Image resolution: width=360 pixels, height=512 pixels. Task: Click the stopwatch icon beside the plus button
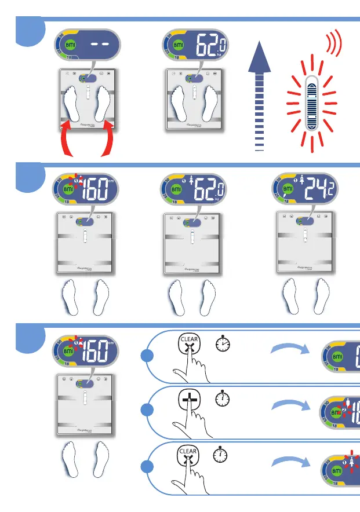click(x=221, y=400)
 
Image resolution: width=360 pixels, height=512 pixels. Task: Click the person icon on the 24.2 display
click(x=301, y=180)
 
